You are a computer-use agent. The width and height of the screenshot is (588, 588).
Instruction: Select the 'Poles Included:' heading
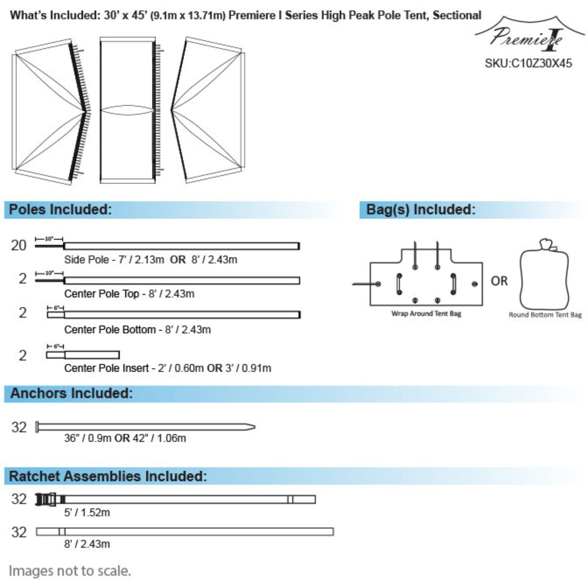pos(60,209)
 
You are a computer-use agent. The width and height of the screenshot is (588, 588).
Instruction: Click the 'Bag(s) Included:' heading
pos(421,209)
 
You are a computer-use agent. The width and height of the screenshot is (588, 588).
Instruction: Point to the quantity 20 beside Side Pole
pos(19,245)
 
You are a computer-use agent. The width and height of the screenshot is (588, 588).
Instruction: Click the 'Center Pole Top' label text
pos(102,294)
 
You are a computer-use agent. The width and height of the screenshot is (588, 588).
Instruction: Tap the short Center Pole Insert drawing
pos(83,355)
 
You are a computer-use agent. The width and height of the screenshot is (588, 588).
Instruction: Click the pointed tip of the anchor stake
pos(254,427)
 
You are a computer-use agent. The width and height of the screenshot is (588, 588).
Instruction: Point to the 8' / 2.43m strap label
pos(87,544)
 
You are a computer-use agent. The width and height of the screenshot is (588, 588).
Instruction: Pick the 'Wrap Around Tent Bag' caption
pos(426,313)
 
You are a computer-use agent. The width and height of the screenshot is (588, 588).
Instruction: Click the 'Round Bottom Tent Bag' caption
pos(545,315)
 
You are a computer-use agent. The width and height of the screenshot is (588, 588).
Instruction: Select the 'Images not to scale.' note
pos(70,571)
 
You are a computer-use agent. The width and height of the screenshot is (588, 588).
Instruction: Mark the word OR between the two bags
pos(499,281)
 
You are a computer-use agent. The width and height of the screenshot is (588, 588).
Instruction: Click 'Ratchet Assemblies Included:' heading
pos(108,476)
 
